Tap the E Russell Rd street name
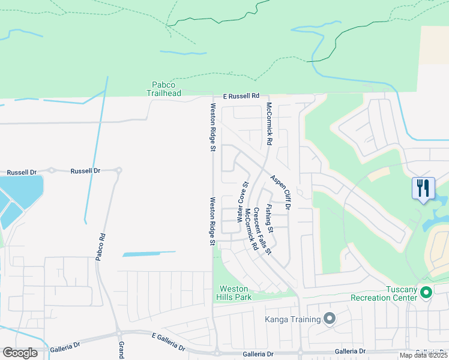(241, 96)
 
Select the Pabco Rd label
(100, 247)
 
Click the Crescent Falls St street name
(263, 230)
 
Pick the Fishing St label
(271, 219)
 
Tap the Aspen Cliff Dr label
(280, 192)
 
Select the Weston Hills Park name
(234, 292)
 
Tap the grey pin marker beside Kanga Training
(329, 319)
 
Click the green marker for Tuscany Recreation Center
(426, 293)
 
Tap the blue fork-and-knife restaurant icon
(423, 188)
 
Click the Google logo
(20, 353)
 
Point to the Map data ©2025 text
(423, 355)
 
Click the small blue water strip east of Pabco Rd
(149, 254)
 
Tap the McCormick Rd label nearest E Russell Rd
(270, 125)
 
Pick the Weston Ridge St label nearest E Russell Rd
(212, 127)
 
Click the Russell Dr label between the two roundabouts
(85, 171)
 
